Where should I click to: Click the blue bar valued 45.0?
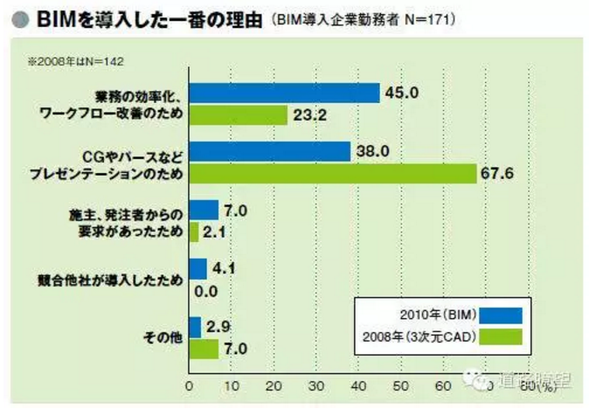point(284,94)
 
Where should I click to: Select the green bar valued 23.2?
point(238,114)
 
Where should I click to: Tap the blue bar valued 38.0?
point(269,152)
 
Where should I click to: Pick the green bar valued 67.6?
point(332,173)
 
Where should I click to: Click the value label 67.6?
point(497,173)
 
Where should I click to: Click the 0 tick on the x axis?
point(189,384)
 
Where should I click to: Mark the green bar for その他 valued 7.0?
point(204,348)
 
